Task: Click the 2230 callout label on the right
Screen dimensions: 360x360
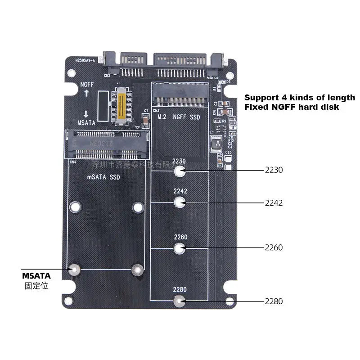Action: [274, 170]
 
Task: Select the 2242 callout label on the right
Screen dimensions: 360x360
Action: [274, 203]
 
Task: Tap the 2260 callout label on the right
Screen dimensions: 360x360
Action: [274, 247]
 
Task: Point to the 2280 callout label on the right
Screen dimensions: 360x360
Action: [274, 301]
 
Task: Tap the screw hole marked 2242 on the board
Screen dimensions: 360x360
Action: [180, 202]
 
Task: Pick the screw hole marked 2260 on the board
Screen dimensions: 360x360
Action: [180, 247]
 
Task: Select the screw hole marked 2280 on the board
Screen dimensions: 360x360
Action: [180, 301]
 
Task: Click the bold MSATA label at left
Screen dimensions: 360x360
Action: [36, 275]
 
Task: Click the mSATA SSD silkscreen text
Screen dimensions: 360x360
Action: [103, 177]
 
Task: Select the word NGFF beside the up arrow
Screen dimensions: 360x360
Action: [87, 84]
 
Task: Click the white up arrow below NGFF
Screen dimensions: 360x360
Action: [86, 93]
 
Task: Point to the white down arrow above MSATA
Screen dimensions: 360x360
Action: [86, 114]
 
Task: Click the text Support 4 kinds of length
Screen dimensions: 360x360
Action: [299, 98]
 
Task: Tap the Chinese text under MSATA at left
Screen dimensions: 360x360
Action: [36, 285]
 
